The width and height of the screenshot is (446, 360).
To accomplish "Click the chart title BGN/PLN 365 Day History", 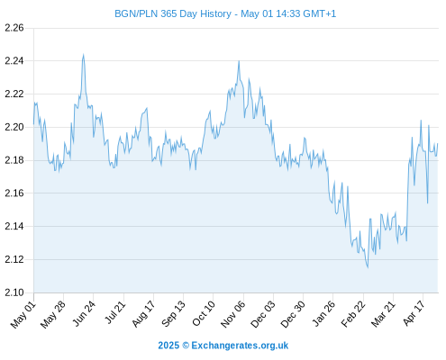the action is coord(173,13).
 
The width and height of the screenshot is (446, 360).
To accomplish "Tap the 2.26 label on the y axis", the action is coord(14,28).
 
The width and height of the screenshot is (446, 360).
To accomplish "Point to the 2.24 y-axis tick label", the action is coord(14,61).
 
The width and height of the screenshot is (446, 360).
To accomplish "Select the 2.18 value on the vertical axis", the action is coord(14,160).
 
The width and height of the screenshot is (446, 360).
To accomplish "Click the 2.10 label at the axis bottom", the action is coord(14,292).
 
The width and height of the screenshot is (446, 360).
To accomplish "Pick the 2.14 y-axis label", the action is coord(14,226).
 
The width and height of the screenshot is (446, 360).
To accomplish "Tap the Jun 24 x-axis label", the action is coord(84,313).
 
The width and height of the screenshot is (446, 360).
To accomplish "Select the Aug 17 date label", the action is coord(143,314).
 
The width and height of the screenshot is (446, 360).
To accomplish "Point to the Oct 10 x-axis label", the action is coord(204,313).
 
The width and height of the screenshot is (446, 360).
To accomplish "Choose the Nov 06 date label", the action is coord(232,314).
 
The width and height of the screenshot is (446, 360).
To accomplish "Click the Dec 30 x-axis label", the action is coord(293,314).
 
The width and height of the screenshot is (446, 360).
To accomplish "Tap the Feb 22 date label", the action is coord(353,314).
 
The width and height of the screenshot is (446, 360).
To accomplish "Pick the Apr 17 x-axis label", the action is coord(414,313).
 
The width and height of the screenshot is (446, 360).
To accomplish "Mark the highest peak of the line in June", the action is coord(83,55).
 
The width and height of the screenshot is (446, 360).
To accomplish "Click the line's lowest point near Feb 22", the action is coord(368,267).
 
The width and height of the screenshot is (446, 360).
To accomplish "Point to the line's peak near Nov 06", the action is coord(239,61).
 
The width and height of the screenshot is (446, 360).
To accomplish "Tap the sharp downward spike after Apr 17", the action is coord(427,203).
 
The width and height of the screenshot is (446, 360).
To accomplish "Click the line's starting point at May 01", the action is coord(33,124).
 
